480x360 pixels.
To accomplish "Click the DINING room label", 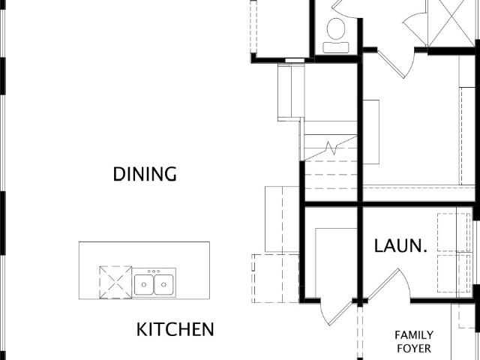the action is [145, 174].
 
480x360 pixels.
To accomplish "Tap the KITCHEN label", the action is [175, 329].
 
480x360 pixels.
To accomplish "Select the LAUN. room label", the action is [400, 246].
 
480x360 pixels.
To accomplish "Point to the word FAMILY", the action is [414, 335].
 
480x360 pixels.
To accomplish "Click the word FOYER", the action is [414, 348].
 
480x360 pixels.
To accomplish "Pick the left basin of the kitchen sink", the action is [144, 285].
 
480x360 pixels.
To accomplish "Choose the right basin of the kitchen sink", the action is [163, 285].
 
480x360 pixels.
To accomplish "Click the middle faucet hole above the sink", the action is [154, 271].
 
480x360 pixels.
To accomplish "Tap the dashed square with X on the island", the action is [115, 282].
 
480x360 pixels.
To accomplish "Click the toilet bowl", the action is [336, 28].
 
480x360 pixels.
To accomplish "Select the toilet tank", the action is [336, 47].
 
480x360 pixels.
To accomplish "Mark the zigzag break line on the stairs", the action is [331, 148].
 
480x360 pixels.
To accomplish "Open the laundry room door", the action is [388, 285].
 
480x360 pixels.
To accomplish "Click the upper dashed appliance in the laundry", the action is [454, 232].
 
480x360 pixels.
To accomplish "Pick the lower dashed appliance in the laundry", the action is [454, 273].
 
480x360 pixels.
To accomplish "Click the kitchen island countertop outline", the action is [144, 242].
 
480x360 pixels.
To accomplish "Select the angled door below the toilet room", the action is [395, 64].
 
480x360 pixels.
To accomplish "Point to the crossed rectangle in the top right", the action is [451, 23].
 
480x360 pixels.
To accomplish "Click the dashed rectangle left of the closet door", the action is [275, 278].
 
